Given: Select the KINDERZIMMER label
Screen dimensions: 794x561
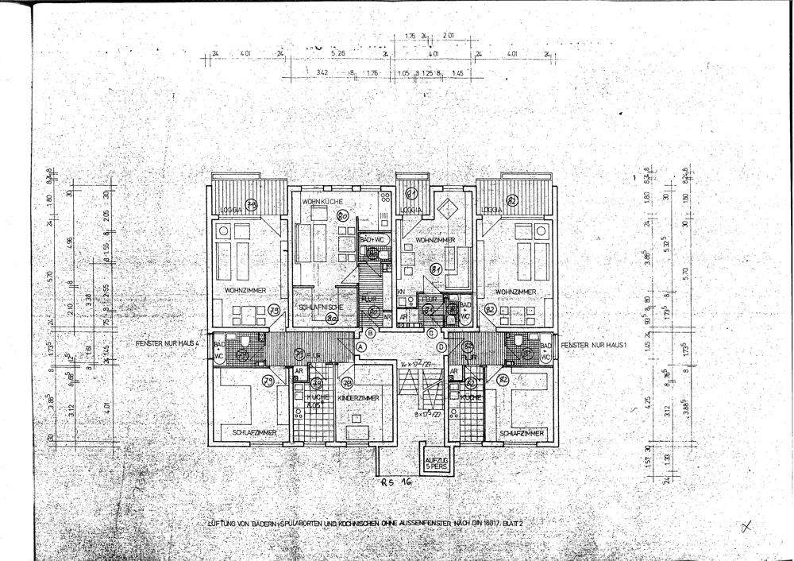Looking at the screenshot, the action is pyautogui.click(x=359, y=398).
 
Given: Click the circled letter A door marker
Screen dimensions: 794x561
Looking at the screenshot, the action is pyautogui.click(x=361, y=347).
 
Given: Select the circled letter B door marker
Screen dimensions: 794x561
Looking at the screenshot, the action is pyautogui.click(x=369, y=333).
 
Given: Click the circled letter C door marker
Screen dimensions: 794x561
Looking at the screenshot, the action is pyautogui.click(x=431, y=333).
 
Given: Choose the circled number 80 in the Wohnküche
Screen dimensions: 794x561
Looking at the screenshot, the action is pyautogui.click(x=344, y=215).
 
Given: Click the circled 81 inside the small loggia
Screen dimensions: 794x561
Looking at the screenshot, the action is pyautogui.click(x=411, y=194).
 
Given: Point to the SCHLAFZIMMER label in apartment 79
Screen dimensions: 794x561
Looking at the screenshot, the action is pyautogui.click(x=255, y=432).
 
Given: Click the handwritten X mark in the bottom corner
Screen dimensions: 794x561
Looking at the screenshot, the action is pyautogui.click(x=745, y=525).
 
